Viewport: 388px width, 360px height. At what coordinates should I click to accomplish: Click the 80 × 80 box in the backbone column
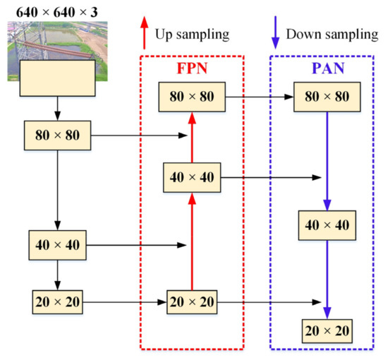point(58,134)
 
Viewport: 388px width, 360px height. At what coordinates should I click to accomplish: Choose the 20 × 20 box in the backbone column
point(58,302)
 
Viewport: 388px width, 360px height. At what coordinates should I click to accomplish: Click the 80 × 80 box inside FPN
point(192,97)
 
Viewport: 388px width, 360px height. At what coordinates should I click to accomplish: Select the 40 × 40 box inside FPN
point(192,176)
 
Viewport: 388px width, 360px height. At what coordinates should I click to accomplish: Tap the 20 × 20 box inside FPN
point(192,302)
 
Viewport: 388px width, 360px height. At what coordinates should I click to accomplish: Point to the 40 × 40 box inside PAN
point(327,224)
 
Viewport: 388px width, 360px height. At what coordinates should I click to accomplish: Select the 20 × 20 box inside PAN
point(327,330)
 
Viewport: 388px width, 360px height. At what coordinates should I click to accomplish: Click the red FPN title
point(191,71)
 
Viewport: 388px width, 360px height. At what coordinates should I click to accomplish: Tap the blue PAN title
point(326,71)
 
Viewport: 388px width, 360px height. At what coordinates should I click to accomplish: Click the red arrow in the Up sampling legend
point(145,32)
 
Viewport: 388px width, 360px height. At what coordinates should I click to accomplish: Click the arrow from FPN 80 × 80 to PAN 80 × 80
point(258,97)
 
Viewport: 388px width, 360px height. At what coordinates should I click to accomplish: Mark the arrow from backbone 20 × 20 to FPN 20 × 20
point(124,302)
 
